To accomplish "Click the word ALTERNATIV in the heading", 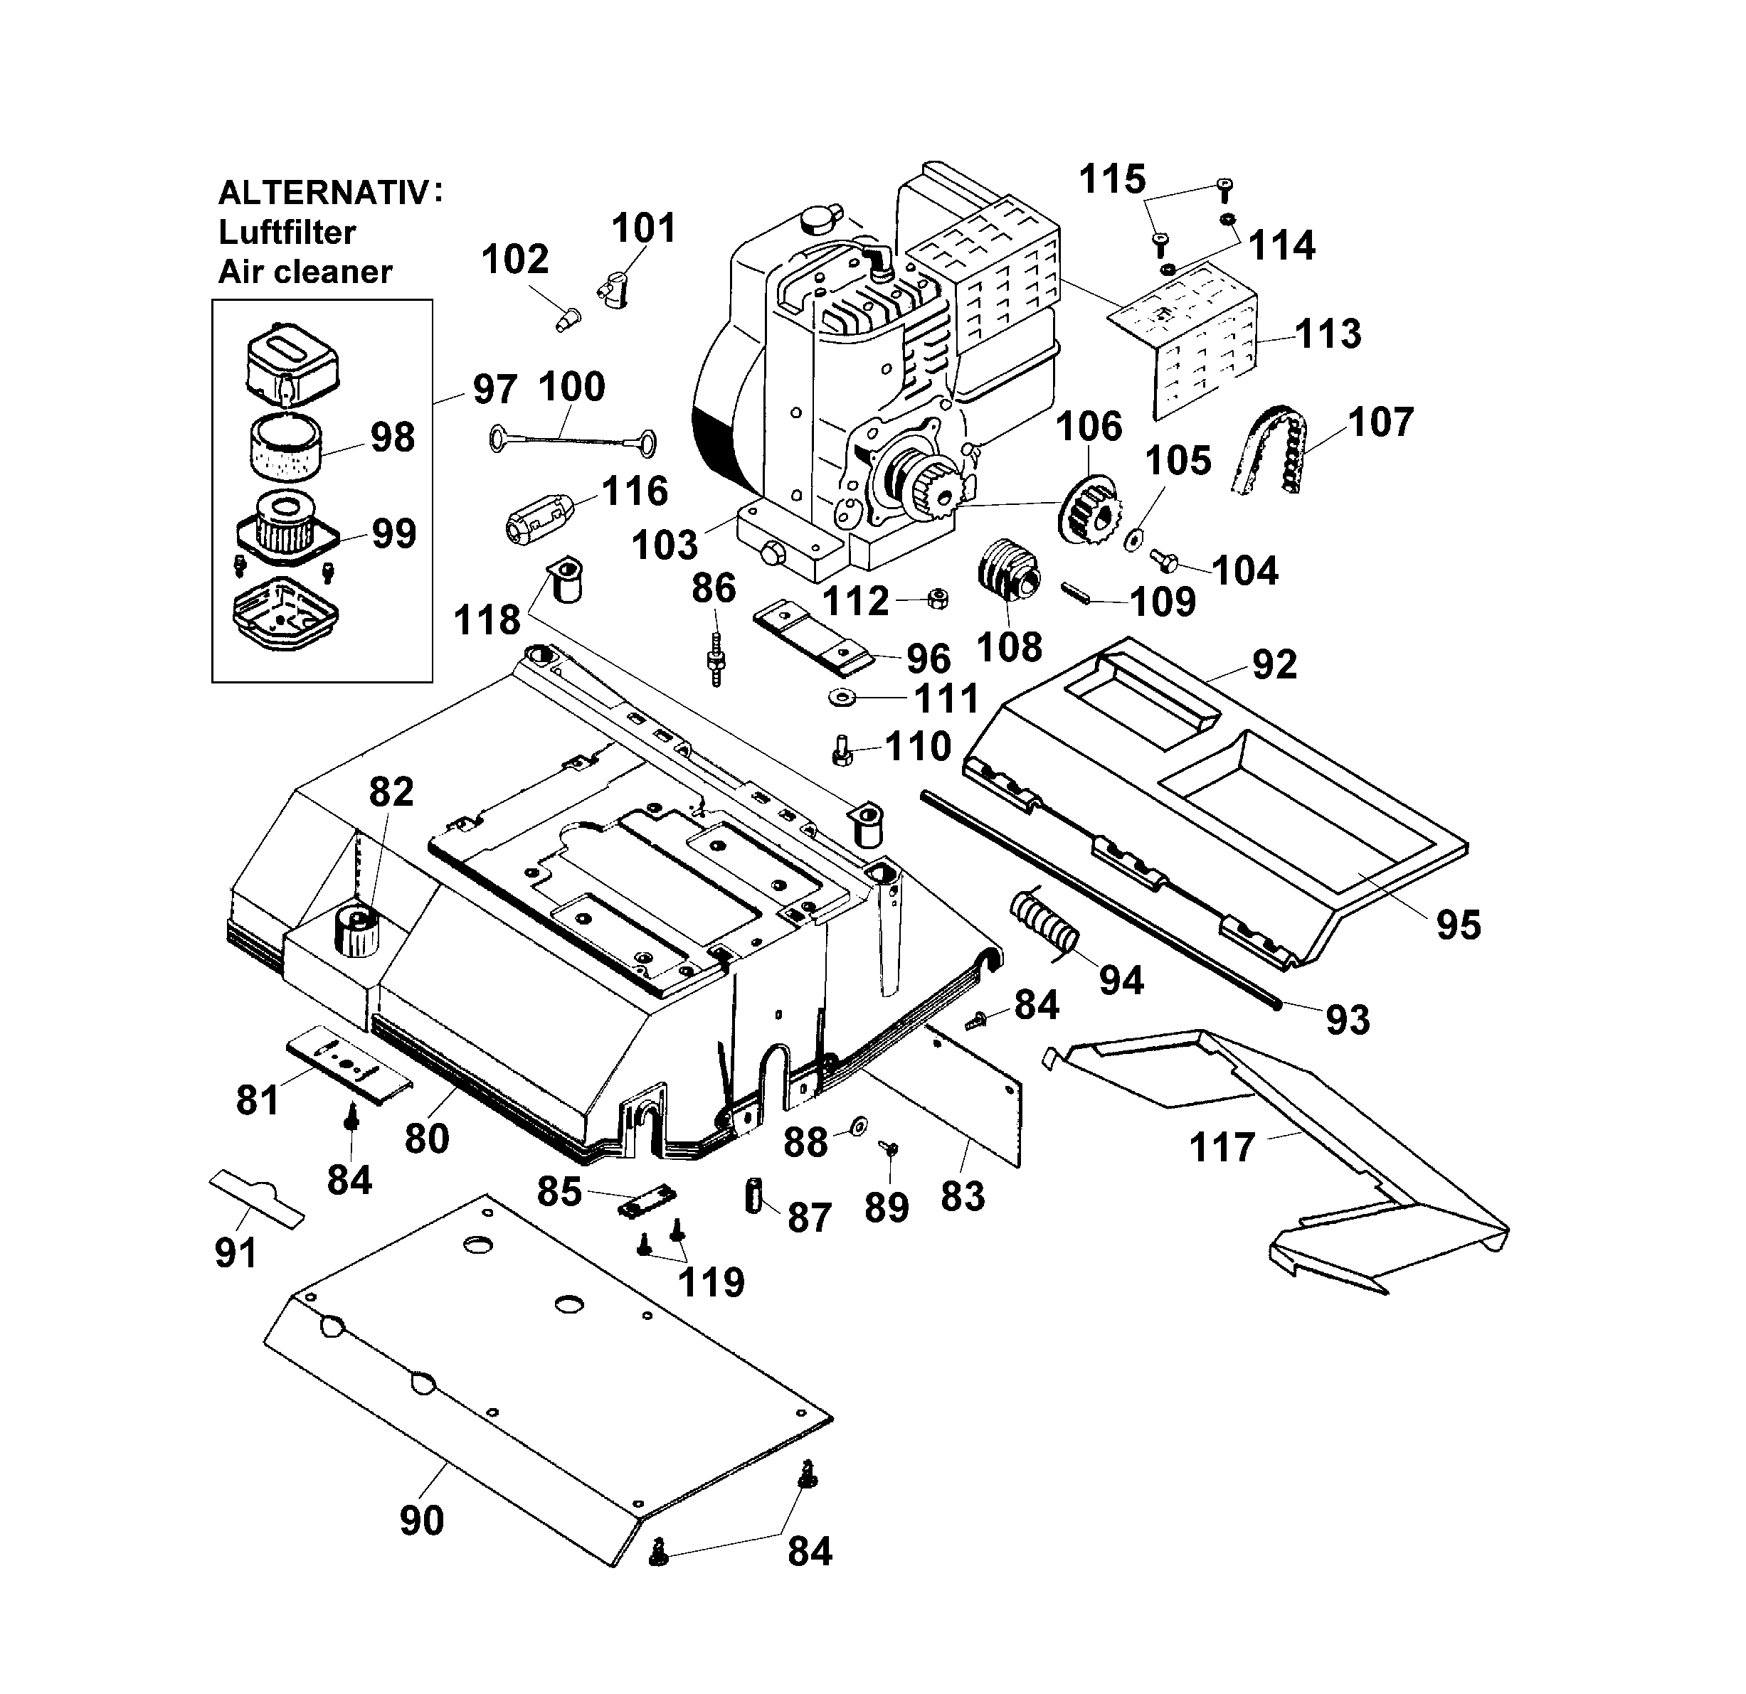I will click(323, 193).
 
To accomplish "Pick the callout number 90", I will click(421, 1520).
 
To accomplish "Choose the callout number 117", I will click(1222, 1148).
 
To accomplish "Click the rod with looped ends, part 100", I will click(573, 437).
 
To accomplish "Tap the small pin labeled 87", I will click(753, 1195).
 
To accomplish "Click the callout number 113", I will click(1328, 334).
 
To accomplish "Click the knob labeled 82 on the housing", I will click(357, 931).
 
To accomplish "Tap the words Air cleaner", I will click(305, 272).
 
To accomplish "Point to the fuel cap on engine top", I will click(820, 218).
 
